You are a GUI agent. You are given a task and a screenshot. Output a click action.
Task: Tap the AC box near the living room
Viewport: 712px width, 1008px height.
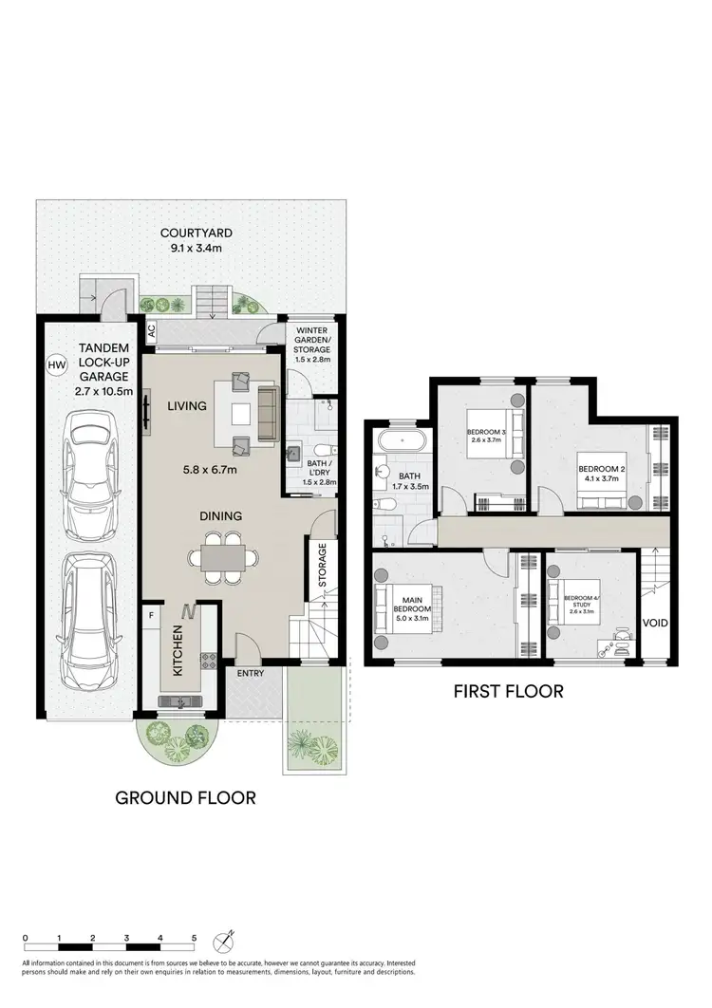[150, 332]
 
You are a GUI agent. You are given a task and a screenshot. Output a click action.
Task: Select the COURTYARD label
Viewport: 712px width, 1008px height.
[197, 233]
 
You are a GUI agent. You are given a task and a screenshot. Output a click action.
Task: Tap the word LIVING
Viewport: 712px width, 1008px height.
[187, 405]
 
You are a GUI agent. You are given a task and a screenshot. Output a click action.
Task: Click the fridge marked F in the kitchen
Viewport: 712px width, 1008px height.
[151, 615]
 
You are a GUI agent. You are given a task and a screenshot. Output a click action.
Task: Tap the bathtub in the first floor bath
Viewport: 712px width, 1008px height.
[403, 442]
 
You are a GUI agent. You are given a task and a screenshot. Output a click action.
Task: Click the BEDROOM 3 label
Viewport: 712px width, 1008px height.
[485, 435]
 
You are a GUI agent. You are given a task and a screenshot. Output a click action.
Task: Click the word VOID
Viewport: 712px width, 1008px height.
[655, 623]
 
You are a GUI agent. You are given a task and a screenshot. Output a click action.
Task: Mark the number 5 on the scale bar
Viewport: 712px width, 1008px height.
[194, 938]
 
